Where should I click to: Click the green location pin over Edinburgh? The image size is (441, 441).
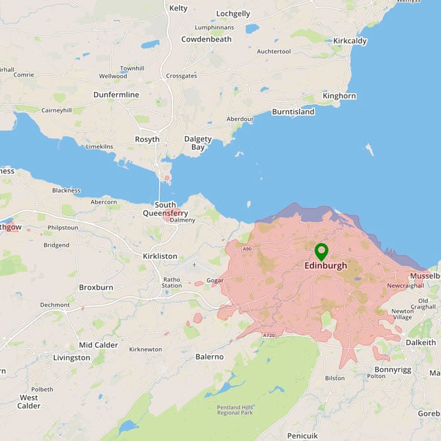pos(321,252)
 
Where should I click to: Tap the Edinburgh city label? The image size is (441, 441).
pos(325,266)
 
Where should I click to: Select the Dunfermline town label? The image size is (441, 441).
pos(116,94)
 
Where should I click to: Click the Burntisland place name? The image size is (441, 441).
pos(293,112)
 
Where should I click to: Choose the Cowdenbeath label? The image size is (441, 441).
pos(206,39)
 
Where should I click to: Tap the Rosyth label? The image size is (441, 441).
pos(147,139)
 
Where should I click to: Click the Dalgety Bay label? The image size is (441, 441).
pos(198,143)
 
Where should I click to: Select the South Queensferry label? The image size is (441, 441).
pos(165,209)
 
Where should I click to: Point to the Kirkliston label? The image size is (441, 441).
pos(159,256)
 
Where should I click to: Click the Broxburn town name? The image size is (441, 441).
pos(95,287)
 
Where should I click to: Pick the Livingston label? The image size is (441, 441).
pos(71,358)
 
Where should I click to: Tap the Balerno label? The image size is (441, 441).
pos(210,357)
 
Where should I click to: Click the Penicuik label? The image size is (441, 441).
pos(303,435)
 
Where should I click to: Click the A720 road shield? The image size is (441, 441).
pos(268,335)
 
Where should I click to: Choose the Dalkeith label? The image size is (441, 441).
pos(421,342)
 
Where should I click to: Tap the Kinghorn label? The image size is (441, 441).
pos(339,96)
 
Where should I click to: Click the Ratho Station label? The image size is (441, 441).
pos(171,282)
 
